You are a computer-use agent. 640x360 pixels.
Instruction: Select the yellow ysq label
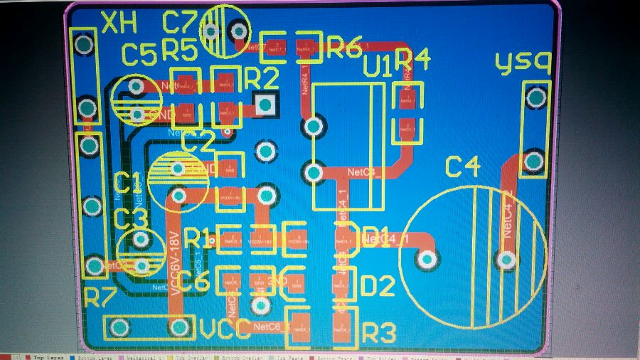pos(523,64)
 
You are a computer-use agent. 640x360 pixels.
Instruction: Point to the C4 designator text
pos(463,168)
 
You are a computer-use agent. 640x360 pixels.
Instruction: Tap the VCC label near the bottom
pos(225,329)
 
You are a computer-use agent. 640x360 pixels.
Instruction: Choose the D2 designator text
pos(377,286)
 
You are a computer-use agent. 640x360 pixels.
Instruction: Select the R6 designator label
pos(344,48)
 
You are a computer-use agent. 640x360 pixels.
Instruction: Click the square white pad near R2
pos(266,105)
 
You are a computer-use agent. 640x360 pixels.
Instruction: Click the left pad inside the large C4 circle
pos(427,260)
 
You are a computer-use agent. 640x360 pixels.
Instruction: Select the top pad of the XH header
pos(85,45)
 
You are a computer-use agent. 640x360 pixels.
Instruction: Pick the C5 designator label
pos(139,55)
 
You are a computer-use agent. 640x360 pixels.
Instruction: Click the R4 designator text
pos(412,60)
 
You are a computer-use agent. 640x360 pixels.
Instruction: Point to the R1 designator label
pos(198,238)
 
